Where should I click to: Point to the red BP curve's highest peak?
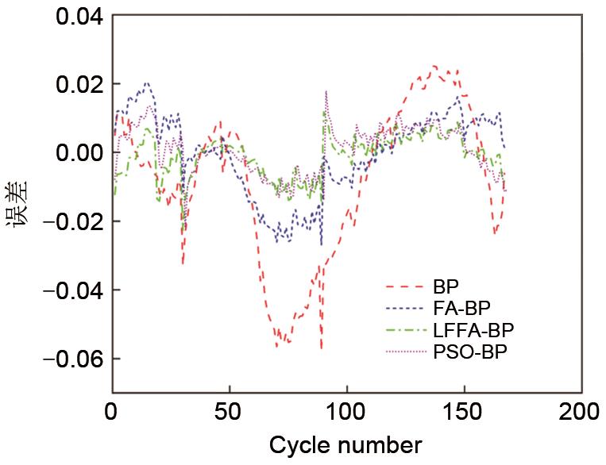(434, 66)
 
